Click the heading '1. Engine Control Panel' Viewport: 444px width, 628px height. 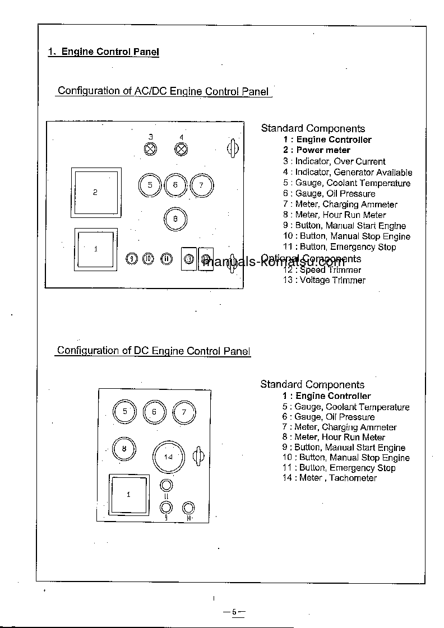[x=104, y=52]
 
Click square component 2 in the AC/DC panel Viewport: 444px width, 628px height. [x=96, y=192]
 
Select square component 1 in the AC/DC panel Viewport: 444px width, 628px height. [x=96, y=249]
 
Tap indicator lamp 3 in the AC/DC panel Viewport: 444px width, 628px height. [x=151, y=149]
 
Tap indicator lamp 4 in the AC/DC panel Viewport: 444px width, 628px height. [x=181, y=149]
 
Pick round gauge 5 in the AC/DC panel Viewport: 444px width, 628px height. [x=150, y=185]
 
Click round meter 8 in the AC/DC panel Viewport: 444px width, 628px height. [x=175, y=218]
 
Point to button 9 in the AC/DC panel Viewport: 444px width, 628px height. [x=131, y=259]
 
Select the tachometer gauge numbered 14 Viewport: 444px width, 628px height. [x=168, y=457]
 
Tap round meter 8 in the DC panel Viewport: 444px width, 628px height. [x=124, y=448]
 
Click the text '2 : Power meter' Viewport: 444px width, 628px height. [x=316, y=150]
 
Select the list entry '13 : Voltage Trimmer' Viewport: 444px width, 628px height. [x=324, y=280]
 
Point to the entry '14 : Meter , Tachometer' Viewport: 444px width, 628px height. [x=330, y=478]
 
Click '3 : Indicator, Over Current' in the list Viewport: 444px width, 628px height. [x=334, y=161]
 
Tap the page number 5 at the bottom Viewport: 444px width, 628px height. [x=234, y=612]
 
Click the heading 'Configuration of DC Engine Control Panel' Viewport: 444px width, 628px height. [x=154, y=351]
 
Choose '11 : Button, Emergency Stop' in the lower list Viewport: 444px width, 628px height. [x=339, y=468]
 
